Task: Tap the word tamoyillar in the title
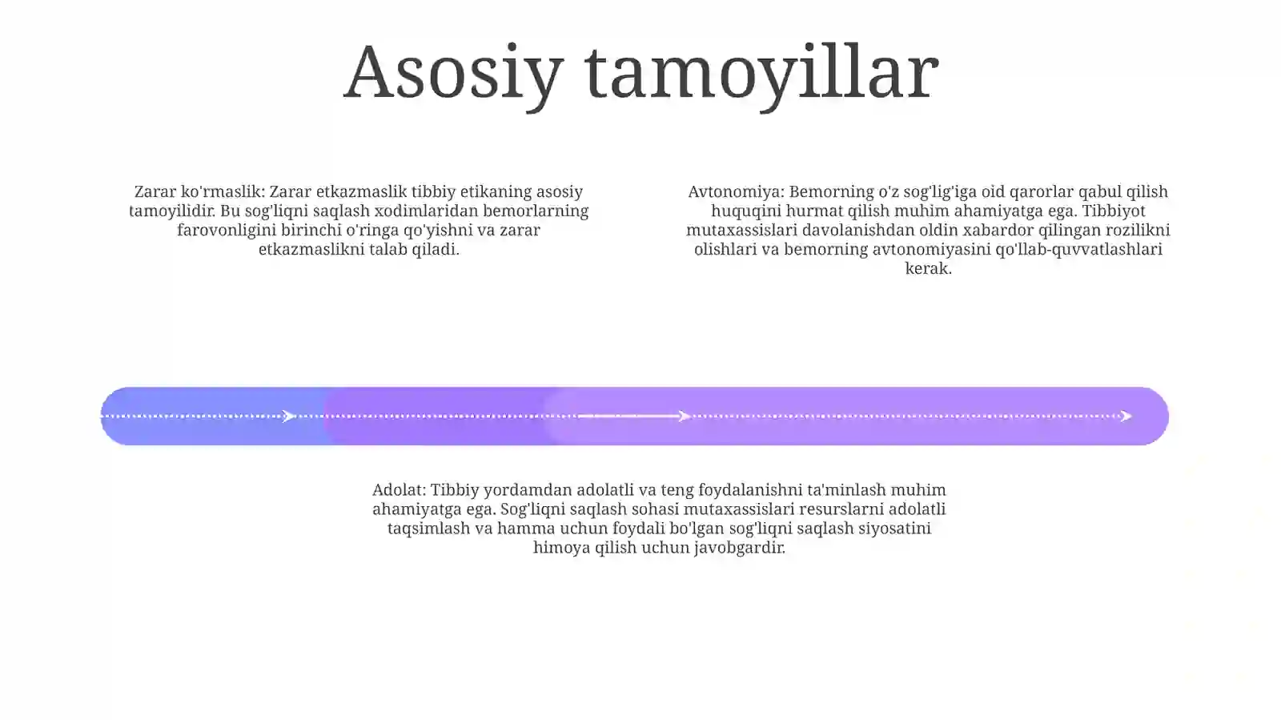(761, 75)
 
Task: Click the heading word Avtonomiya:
(736, 191)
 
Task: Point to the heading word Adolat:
(400, 489)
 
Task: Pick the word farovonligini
(227, 231)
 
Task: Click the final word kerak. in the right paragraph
(928, 268)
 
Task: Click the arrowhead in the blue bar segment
(289, 416)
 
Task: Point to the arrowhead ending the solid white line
(684, 416)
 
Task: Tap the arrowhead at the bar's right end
(1126, 416)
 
